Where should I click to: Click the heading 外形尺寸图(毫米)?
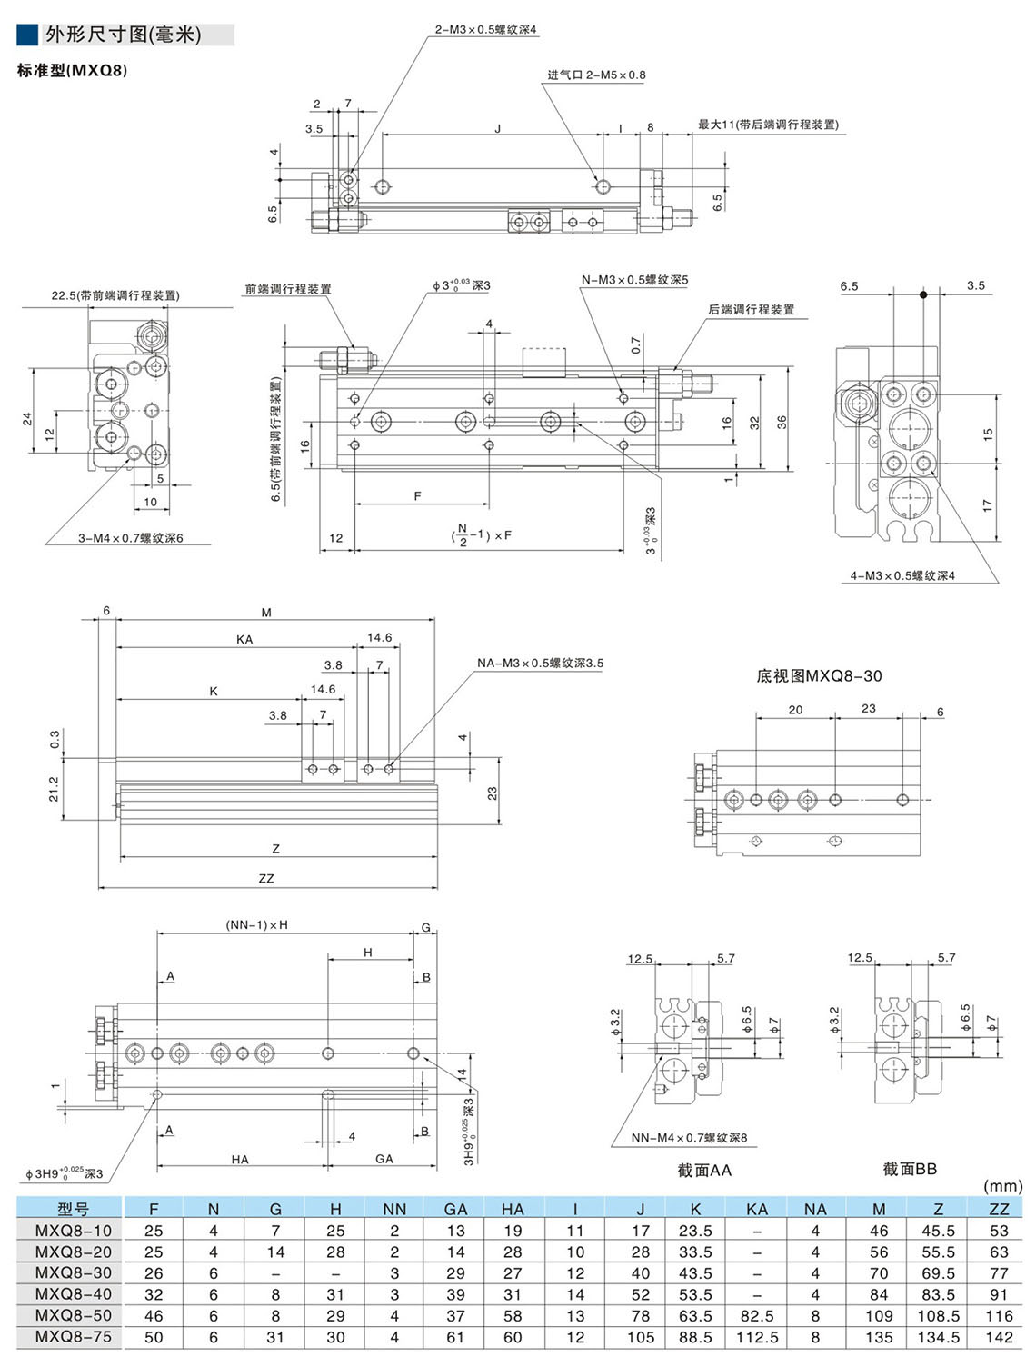pyautogui.click(x=123, y=35)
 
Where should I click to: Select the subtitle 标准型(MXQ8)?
pyautogui.click(x=73, y=70)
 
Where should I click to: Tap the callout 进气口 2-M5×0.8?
pyautogui.click(x=596, y=75)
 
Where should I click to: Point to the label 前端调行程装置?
pyautogui.click(x=288, y=289)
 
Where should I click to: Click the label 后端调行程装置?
pyautogui.click(x=751, y=310)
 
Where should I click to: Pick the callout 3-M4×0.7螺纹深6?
pyautogui.click(x=130, y=538)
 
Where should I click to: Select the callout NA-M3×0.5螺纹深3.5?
pyautogui.click(x=540, y=664)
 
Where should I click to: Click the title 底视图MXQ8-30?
pyautogui.click(x=819, y=676)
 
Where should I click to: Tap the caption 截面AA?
pyautogui.click(x=703, y=1171)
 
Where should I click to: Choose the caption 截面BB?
pyautogui.click(x=909, y=1169)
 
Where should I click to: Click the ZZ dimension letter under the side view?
pyautogui.click(x=265, y=879)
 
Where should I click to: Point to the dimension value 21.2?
pyautogui.click(x=54, y=788)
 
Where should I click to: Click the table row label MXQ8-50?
pyautogui.click(x=74, y=1316)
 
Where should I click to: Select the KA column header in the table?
pyautogui.click(x=756, y=1209)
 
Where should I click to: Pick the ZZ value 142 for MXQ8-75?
pyautogui.click(x=999, y=1337)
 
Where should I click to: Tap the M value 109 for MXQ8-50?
pyautogui.click(x=879, y=1316)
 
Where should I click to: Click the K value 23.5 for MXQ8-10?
pyautogui.click(x=695, y=1231)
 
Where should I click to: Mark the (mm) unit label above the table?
pyautogui.click(x=1002, y=1186)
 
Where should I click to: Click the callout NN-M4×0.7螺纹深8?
pyautogui.click(x=689, y=1138)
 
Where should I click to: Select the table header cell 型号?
pyautogui.click(x=74, y=1209)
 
